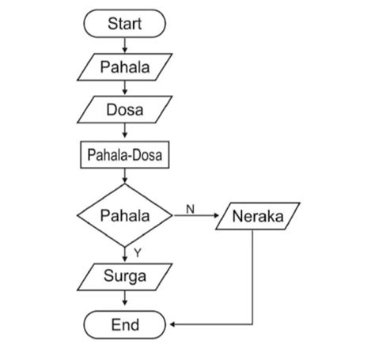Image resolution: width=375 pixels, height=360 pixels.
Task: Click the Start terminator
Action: [x=124, y=25]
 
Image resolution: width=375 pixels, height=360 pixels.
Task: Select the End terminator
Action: [x=124, y=324]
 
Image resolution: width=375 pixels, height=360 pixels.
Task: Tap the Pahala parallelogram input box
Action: [x=124, y=66]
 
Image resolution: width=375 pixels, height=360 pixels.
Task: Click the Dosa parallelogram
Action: [x=124, y=110]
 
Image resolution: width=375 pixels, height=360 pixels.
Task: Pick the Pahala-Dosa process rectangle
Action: [x=124, y=155]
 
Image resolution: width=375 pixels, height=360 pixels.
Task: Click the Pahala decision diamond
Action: [x=124, y=215]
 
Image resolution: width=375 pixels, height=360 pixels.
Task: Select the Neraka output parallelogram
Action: [x=257, y=215]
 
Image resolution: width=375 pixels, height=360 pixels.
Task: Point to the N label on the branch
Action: [x=190, y=208]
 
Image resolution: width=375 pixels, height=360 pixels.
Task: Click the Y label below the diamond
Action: [x=136, y=252]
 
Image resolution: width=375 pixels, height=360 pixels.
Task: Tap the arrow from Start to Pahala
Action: [x=124, y=45]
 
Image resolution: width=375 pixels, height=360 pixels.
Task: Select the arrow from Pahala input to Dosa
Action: [x=124, y=88]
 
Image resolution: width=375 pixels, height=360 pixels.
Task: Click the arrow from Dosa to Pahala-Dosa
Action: [x=124, y=133]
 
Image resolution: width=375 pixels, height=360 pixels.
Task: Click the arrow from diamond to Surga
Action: [x=124, y=253]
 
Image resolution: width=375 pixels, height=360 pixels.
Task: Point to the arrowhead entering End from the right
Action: [x=173, y=324]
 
